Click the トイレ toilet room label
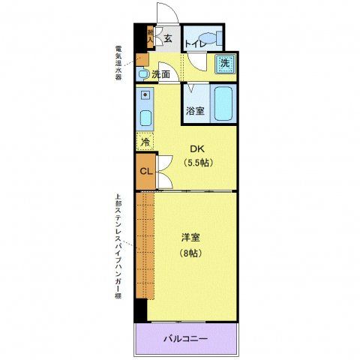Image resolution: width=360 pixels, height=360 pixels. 195,43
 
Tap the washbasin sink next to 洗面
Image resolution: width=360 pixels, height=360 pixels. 142,73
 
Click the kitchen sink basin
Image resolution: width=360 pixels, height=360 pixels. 145,118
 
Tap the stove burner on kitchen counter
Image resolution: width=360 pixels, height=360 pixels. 145,96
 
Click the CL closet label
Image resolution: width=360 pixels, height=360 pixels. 146,171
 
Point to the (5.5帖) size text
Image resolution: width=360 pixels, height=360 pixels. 198,162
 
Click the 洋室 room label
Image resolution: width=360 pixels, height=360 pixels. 190,238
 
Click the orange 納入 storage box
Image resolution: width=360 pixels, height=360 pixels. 150,34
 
